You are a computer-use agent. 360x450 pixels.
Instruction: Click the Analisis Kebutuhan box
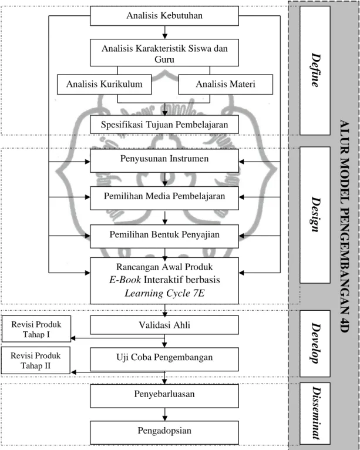pyautogui.click(x=164, y=16)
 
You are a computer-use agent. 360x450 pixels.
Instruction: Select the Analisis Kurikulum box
pyautogui.click(x=105, y=85)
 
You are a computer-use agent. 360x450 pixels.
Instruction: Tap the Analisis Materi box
pyautogui.click(x=226, y=85)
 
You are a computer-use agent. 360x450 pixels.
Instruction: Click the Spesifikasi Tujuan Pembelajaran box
pyautogui.click(x=164, y=125)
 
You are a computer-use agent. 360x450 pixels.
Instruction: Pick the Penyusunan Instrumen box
pyautogui.click(x=164, y=160)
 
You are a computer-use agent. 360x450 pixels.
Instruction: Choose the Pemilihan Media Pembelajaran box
pyautogui.click(x=164, y=198)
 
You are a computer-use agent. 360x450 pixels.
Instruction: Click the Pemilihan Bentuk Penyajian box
pyautogui.click(x=164, y=236)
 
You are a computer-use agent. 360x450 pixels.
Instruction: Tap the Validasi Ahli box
pyautogui.click(x=164, y=325)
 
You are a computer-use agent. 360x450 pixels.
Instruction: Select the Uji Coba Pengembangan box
pyautogui.click(x=164, y=360)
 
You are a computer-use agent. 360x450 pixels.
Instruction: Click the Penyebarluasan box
pyautogui.click(x=164, y=396)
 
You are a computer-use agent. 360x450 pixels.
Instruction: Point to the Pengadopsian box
pyautogui.click(x=164, y=432)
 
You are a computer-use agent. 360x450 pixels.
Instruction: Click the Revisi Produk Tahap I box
pyautogui.click(x=36, y=329)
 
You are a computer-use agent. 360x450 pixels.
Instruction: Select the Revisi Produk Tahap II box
pyautogui.click(x=36, y=361)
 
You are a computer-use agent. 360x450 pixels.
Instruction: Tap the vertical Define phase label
pyautogui.click(x=315, y=70)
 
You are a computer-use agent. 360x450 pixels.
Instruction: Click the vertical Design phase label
pyautogui.click(x=315, y=214)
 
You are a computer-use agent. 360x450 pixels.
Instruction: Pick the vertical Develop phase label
pyautogui.click(x=315, y=343)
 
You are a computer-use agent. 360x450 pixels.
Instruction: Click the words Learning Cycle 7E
pyautogui.click(x=164, y=293)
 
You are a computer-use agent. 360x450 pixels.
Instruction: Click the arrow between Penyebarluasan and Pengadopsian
pyautogui.click(x=164, y=414)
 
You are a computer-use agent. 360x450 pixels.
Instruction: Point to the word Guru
pyautogui.click(x=164, y=59)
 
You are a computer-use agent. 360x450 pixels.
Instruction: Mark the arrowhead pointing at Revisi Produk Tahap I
pyautogui.click(x=73, y=338)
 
